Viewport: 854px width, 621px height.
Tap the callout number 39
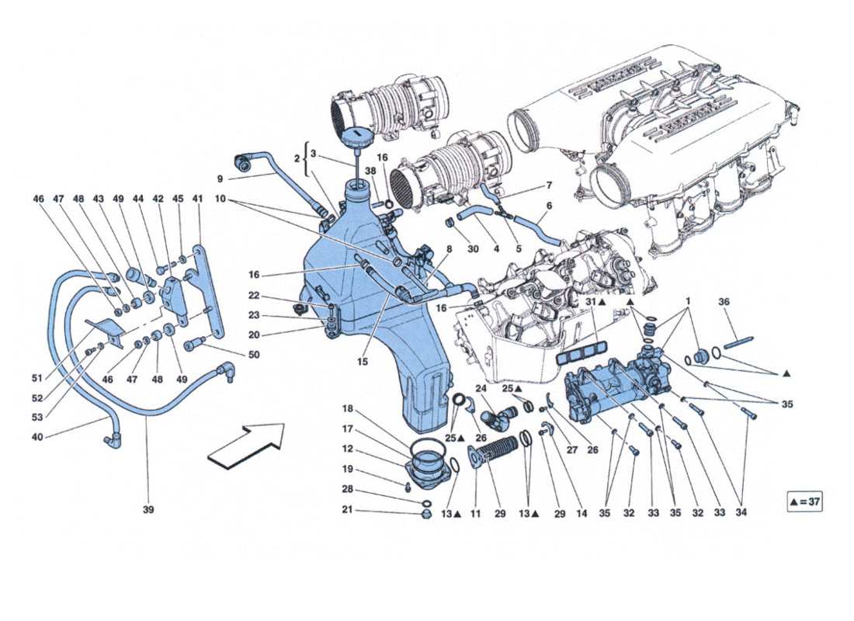coord(148,510)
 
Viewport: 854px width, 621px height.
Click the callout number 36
coord(724,303)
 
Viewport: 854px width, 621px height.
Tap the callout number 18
coord(347,408)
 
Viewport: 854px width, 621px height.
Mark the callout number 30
coord(474,249)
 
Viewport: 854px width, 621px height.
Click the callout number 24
coord(481,388)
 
